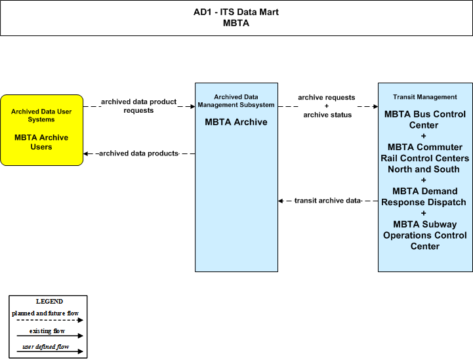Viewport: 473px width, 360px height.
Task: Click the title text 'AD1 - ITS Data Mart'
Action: (236, 12)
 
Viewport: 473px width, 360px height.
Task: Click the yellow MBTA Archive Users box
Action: (41, 130)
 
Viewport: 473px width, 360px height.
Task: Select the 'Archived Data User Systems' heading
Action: (41, 115)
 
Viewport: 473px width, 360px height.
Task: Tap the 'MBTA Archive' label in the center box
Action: (236, 122)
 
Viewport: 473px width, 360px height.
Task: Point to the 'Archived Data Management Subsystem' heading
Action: (236, 101)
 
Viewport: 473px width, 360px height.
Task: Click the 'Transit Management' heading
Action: (424, 97)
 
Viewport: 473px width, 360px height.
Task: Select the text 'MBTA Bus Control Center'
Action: (424, 120)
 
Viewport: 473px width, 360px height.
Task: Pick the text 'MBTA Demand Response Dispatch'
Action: (424, 197)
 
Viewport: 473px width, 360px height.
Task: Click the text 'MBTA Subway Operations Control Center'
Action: (424, 235)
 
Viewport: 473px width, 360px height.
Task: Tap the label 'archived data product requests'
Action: (139, 106)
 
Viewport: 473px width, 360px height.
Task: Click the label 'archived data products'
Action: (139, 153)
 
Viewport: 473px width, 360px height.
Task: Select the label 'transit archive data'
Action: (327, 201)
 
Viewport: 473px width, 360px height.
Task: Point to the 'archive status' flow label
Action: (327, 115)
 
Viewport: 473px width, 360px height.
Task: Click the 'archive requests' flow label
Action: (327, 98)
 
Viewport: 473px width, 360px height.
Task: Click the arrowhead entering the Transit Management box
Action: (375, 106)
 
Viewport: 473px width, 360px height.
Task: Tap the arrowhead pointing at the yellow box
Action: (86, 153)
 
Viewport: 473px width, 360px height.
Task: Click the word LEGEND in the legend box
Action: (49, 302)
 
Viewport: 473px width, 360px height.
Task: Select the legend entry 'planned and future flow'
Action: (45, 313)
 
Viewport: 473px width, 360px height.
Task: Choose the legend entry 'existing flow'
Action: (47, 331)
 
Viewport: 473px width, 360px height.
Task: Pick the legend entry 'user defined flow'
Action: (46, 347)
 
